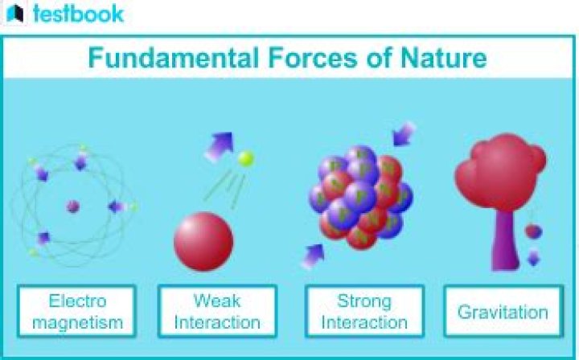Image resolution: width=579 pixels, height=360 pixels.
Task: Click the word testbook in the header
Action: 78,14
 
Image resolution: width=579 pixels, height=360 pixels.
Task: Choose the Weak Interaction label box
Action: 217,312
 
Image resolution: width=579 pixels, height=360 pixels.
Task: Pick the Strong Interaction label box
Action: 364,312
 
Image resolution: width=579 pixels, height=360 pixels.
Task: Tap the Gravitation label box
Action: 503,312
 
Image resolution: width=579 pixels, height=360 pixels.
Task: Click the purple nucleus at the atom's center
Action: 73,207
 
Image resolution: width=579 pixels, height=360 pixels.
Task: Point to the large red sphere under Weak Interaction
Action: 203,242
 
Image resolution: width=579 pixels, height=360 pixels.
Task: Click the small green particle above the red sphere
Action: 246,159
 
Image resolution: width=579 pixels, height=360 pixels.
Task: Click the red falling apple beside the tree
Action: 533,231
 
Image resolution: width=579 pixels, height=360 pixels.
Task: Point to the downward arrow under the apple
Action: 533,258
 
